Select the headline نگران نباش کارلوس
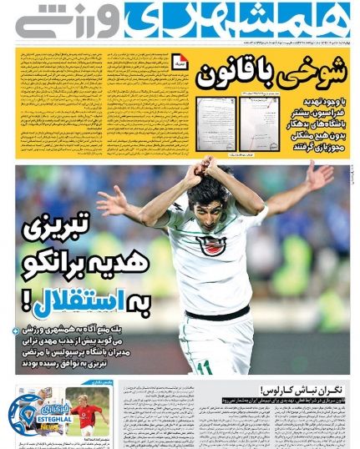click(x=291, y=389)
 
